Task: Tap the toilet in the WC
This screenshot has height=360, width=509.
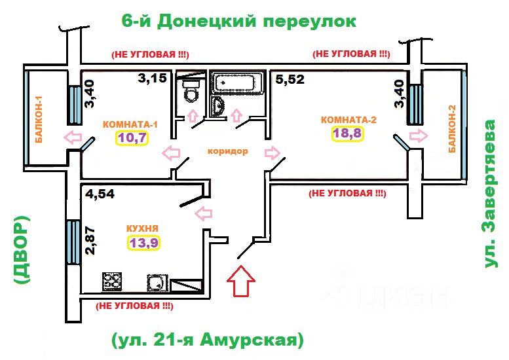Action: (x=190, y=91)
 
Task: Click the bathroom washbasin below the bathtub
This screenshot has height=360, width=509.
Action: (x=218, y=105)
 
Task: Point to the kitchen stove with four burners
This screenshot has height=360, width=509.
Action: (x=112, y=281)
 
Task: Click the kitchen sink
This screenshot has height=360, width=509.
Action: (x=157, y=282)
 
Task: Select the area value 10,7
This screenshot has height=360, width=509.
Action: (x=132, y=138)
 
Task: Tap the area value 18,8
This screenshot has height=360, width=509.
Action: (x=347, y=133)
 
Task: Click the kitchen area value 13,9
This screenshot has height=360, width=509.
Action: (x=144, y=242)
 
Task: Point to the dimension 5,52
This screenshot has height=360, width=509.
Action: (x=290, y=79)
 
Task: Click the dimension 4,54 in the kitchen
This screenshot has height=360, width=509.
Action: (x=100, y=194)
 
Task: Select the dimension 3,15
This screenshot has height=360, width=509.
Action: (x=152, y=78)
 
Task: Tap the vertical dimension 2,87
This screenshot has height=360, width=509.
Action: (x=90, y=240)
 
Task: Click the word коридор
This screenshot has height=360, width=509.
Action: (x=227, y=151)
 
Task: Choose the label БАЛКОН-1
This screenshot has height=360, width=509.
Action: (x=39, y=119)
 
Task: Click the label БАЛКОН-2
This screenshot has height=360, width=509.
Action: (x=452, y=129)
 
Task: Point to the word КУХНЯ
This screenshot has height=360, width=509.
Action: (x=142, y=228)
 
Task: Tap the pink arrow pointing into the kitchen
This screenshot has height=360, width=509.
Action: (x=203, y=213)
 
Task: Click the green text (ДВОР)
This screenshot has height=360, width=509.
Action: (x=22, y=250)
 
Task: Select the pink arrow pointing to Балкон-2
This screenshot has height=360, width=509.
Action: (x=419, y=135)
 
